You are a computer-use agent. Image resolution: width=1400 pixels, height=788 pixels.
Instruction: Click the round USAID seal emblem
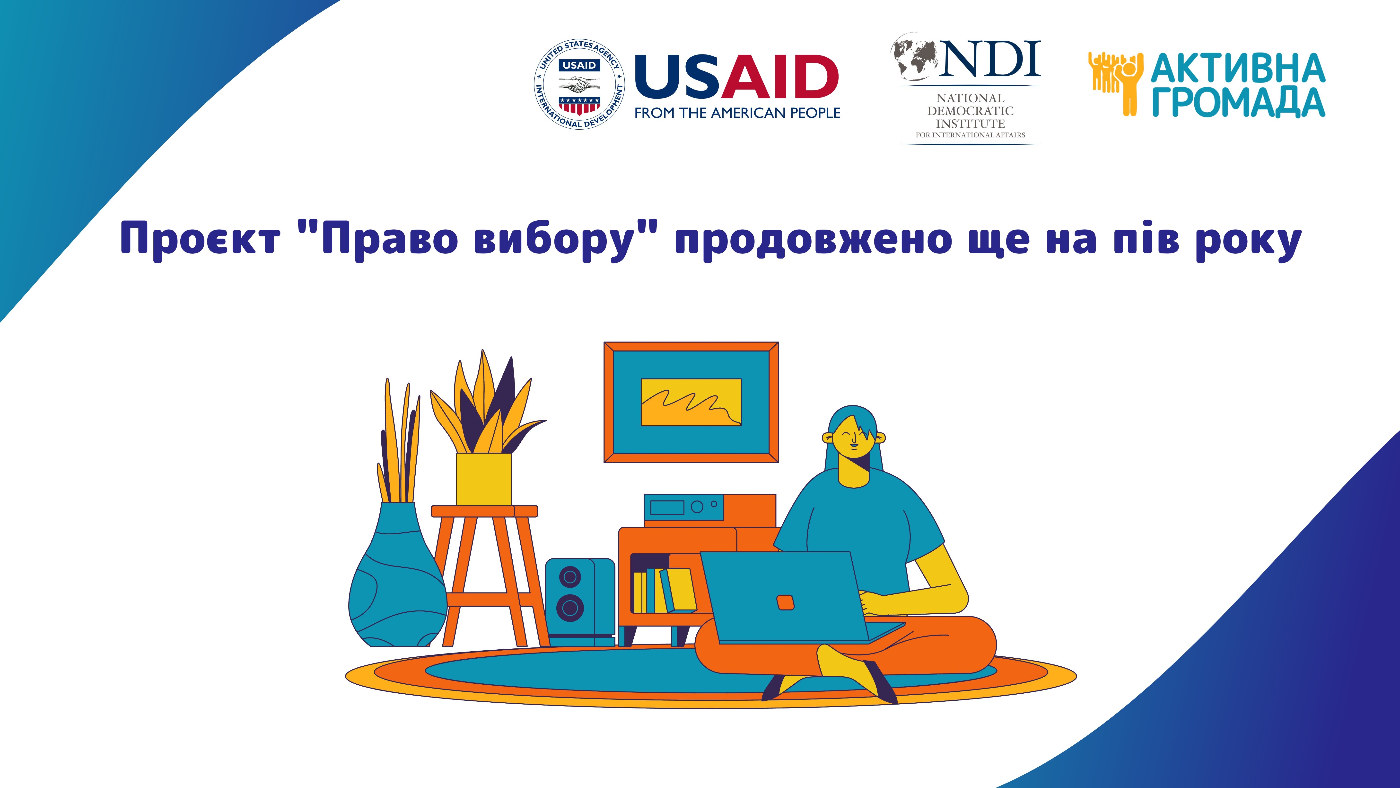[x=579, y=84]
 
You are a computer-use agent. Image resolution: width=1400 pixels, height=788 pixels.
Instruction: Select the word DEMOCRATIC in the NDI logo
[x=970, y=111]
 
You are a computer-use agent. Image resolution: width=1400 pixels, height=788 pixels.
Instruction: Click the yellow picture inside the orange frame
[x=691, y=402]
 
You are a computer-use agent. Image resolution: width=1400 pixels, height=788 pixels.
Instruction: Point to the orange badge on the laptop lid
[x=785, y=603]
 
